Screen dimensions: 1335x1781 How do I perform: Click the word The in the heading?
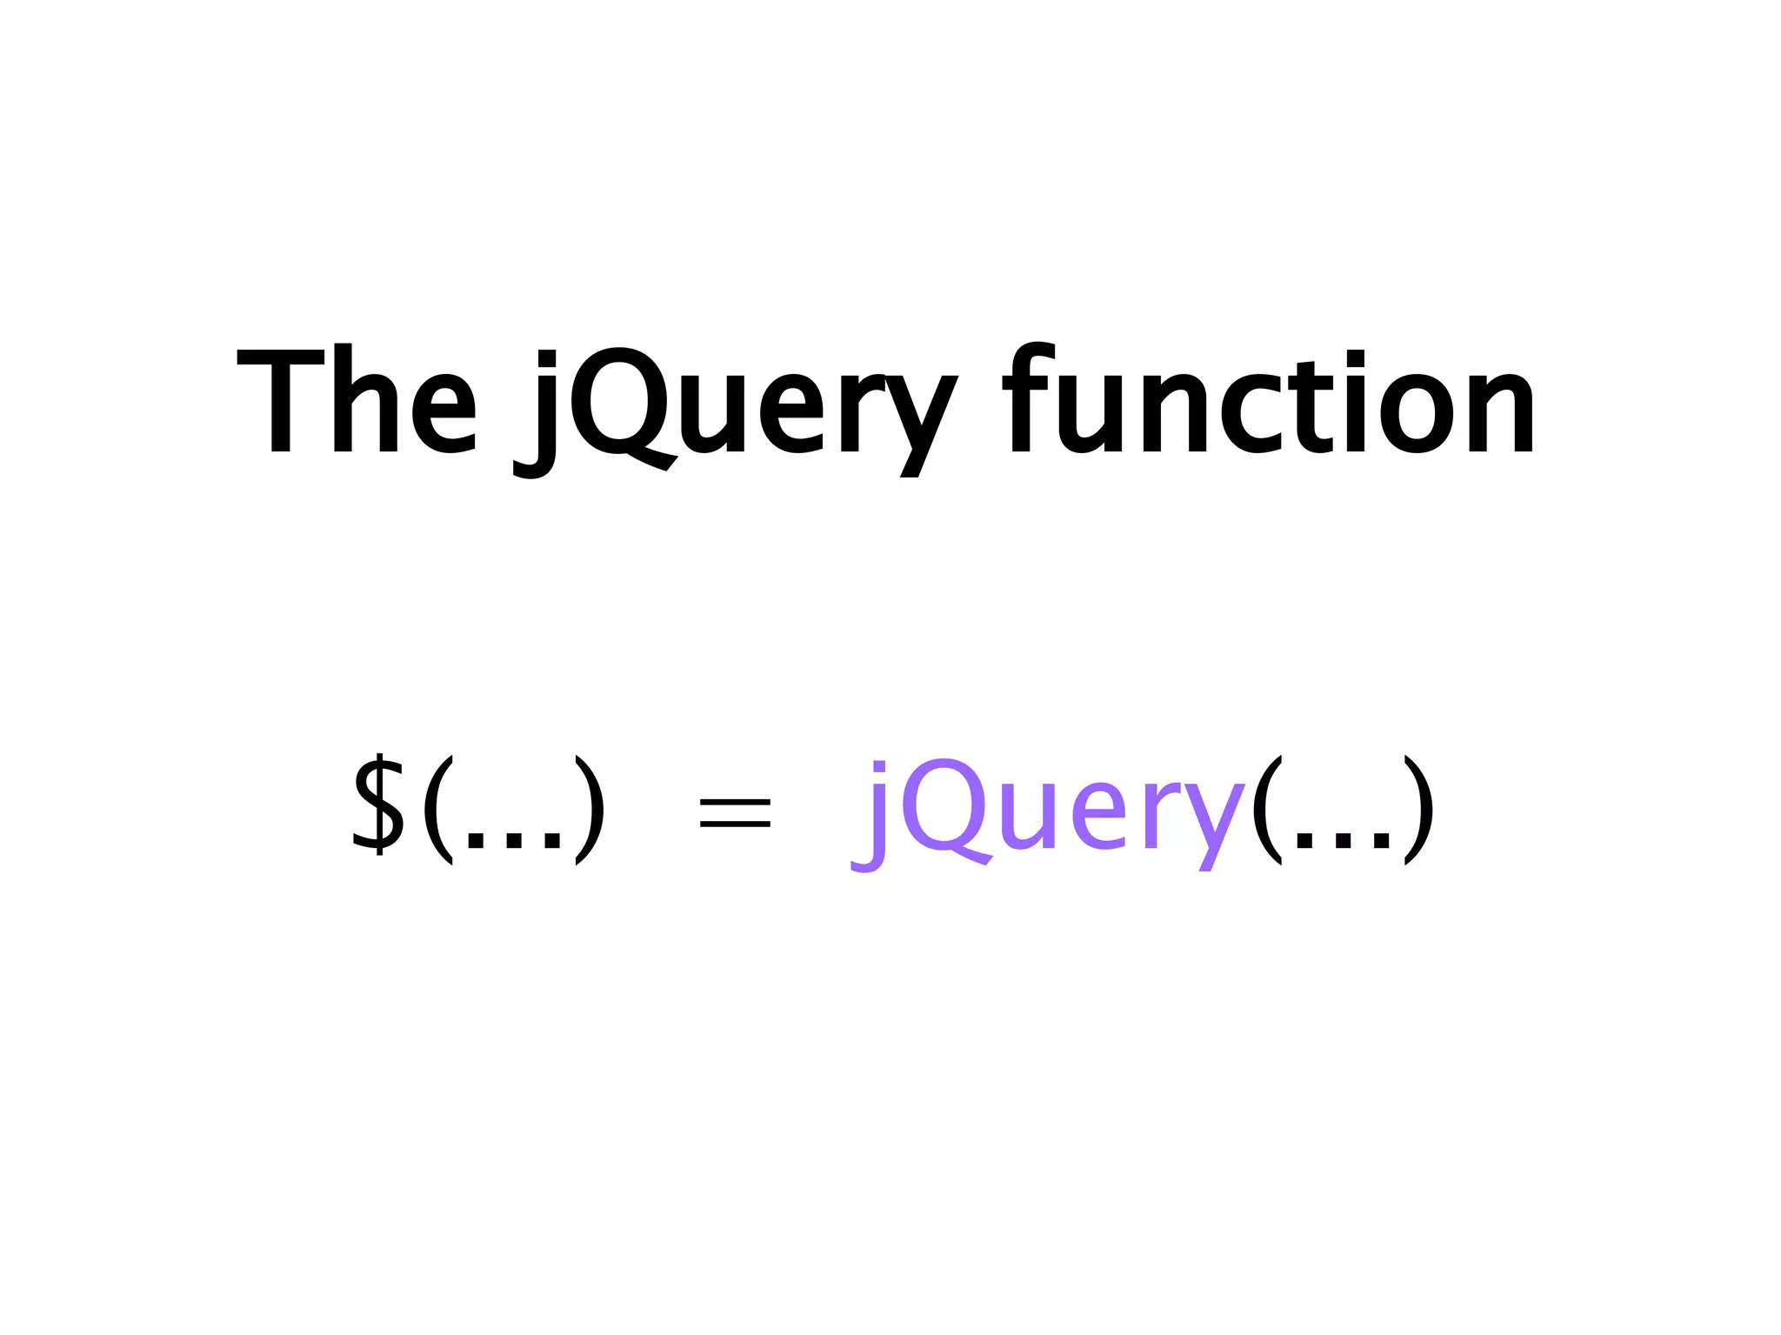(x=357, y=400)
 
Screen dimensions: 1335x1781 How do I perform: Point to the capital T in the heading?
(x=280, y=400)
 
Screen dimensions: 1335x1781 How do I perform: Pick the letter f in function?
(x=1030, y=398)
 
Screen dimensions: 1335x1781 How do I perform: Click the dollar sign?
(x=379, y=804)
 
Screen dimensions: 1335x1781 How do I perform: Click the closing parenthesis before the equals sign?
(x=590, y=810)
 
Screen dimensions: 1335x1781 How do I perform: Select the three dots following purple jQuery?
(x=1344, y=840)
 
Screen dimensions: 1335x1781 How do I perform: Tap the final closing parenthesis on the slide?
(x=1418, y=810)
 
